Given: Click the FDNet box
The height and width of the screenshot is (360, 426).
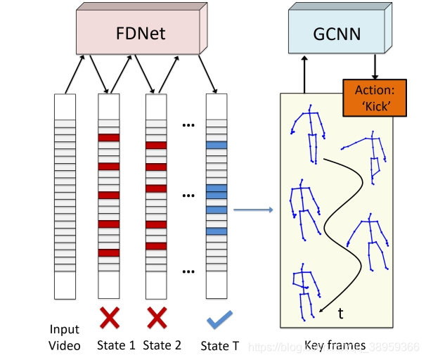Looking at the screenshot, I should pyautogui.click(x=140, y=33).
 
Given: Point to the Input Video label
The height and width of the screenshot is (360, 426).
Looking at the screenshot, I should pyautogui.click(x=65, y=337).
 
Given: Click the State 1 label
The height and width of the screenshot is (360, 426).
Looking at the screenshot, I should pyautogui.click(x=117, y=345).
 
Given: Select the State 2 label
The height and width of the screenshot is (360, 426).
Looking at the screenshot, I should pyautogui.click(x=162, y=345).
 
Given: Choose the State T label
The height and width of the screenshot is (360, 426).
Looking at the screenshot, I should pyautogui.click(x=220, y=345).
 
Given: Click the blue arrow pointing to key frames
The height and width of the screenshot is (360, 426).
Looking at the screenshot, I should pyautogui.click(x=252, y=210).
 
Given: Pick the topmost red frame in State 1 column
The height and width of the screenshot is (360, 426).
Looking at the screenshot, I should pyautogui.click(x=109, y=138).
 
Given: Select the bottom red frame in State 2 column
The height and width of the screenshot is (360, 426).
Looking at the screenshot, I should pyautogui.click(x=156, y=246).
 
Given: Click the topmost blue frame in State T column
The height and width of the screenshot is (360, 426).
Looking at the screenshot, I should pyautogui.click(x=217, y=145).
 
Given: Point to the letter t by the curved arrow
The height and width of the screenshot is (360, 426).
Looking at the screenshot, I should pyautogui.click(x=341, y=314).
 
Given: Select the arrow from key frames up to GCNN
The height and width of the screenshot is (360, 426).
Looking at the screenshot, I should pyautogui.click(x=304, y=75).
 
